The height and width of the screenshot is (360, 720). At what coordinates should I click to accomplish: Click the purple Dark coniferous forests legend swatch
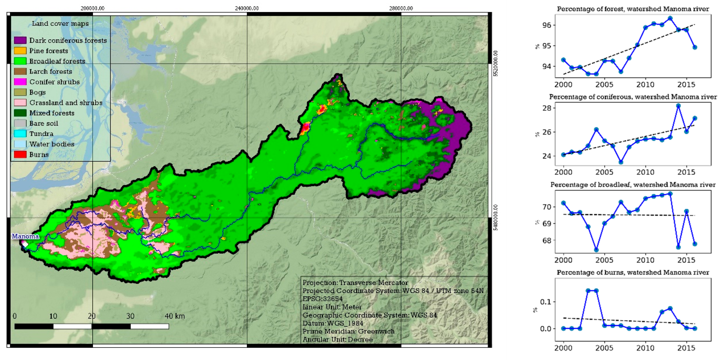coord(20,40)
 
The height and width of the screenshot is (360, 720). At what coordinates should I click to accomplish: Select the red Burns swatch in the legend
coord(20,154)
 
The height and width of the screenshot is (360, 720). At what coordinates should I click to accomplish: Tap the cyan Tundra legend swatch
coord(20,134)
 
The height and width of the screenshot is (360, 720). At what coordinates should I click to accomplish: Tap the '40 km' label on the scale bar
coord(175,316)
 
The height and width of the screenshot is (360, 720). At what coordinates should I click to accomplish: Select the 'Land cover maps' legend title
coord(60,23)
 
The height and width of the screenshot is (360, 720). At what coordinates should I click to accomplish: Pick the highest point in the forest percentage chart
coord(670,18)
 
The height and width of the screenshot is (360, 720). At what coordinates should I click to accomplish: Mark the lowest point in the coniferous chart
coord(621,162)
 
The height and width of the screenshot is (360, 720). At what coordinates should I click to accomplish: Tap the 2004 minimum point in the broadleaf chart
coord(596,250)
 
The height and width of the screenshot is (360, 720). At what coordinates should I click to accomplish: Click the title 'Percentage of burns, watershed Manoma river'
coord(633,273)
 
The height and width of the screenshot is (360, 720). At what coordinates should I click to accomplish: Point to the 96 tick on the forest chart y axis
coord(546,25)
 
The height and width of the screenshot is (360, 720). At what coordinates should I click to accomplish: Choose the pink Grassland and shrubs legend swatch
coord(20,103)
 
